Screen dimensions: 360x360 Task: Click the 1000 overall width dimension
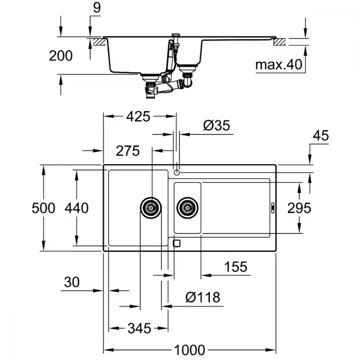[189, 350]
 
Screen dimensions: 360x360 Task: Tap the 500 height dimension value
[44, 208]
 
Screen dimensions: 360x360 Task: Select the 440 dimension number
[76, 208]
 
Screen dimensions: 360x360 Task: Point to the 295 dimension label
[299, 208]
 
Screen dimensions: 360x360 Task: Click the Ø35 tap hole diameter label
[216, 125]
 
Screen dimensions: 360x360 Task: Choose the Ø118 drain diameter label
[203, 297]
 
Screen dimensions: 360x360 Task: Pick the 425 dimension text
[138, 116]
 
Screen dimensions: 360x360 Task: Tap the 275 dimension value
[128, 151]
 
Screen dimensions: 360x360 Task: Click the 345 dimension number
[139, 328]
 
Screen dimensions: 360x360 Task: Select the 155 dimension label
[236, 266]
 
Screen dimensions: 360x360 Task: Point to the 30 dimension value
[72, 282]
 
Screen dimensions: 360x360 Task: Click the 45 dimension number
[321, 135]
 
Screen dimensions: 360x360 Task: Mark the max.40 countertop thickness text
[279, 64]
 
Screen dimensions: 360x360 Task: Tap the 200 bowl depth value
[60, 55]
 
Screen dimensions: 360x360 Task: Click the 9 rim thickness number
[97, 8]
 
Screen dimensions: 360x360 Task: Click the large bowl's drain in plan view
[150, 208]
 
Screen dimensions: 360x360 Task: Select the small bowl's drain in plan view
[188, 208]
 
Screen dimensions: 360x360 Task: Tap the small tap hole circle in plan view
[176, 172]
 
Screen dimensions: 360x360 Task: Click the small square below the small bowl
[176, 243]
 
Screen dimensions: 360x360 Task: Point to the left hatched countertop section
[99, 42]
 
